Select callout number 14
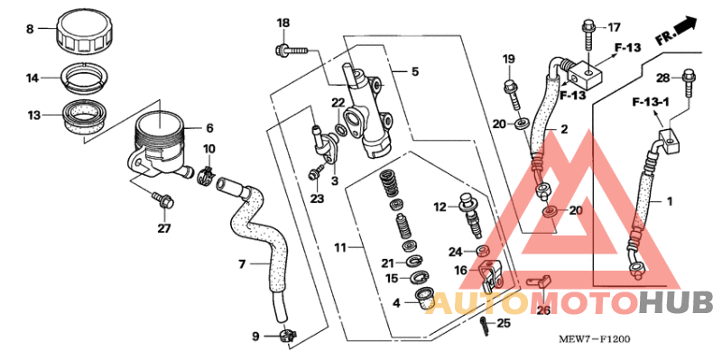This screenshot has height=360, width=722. (x=32, y=78)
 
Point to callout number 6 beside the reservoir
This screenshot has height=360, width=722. (x=209, y=128)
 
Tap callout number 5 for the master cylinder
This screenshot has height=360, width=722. (x=415, y=71)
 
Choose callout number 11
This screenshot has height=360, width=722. (x=340, y=246)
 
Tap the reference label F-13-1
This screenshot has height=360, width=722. (x=648, y=104)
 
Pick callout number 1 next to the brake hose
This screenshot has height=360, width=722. (x=670, y=199)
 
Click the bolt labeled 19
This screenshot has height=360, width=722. (x=511, y=90)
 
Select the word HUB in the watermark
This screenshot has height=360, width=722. (x=676, y=302)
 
